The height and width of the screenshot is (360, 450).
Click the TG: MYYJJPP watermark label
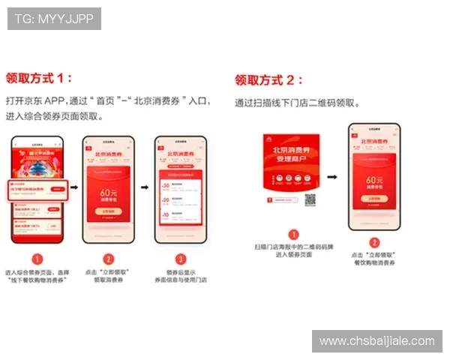pyautogui.click(x=54, y=18)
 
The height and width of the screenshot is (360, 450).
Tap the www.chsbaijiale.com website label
pyautogui.click(x=376, y=341)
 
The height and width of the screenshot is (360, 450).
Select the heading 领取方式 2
pyautogui.click(x=269, y=79)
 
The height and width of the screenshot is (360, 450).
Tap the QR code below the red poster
pyautogui.click(x=310, y=200)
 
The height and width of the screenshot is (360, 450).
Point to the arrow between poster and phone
pyautogui.click(x=331, y=178)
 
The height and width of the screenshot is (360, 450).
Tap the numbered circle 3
pyautogui.click(x=180, y=259)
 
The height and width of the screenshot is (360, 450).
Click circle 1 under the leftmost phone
pyautogui.click(x=37, y=259)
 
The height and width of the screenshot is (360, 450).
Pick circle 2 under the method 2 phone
pyautogui.click(x=374, y=242)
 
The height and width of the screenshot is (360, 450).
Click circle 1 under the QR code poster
pyautogui.click(x=294, y=234)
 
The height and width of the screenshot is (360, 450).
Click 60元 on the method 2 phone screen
pyautogui.click(x=374, y=180)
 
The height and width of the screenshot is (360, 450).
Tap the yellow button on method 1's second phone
pyautogui.click(x=109, y=211)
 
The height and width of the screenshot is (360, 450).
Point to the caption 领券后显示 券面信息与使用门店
pyautogui.click(x=181, y=275)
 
